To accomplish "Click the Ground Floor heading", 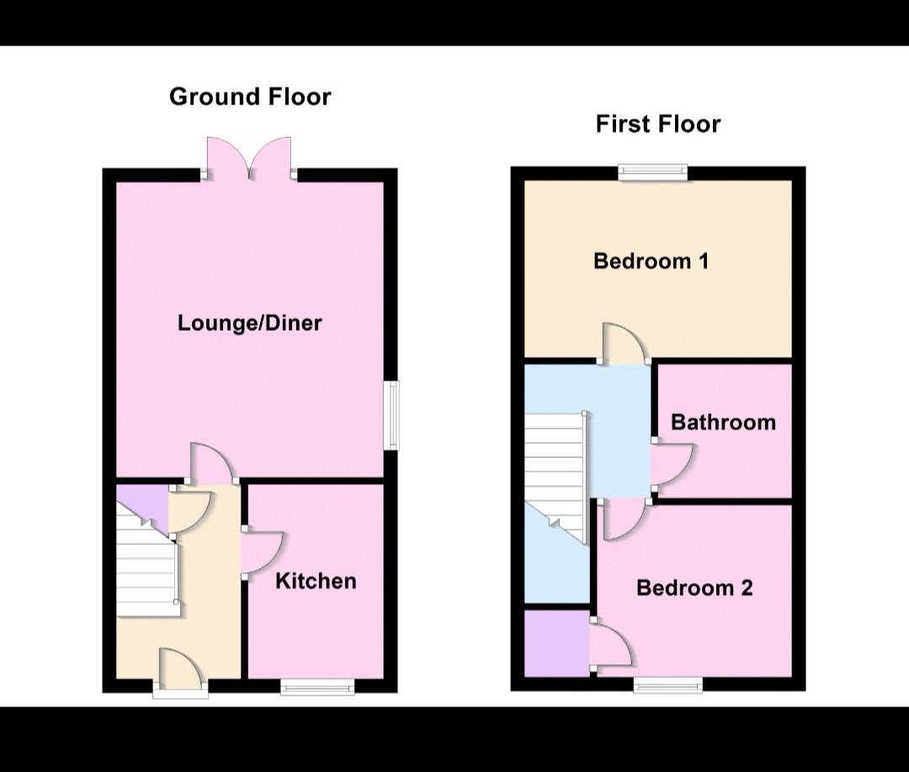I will click(x=250, y=97).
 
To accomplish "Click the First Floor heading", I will click(x=658, y=125).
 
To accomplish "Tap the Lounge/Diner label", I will click(x=250, y=323).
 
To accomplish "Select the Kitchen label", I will click(x=316, y=581).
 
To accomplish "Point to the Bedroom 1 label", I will click(x=651, y=261).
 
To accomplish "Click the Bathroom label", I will click(x=723, y=422).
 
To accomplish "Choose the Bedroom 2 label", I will click(x=694, y=588).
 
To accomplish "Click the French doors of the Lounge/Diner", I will click(x=250, y=159).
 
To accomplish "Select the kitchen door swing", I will click(x=263, y=552).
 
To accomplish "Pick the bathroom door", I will click(x=671, y=465).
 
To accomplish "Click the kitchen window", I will click(x=317, y=688).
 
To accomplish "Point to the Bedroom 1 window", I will click(x=653, y=173).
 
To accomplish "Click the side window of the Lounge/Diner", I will click(x=391, y=416).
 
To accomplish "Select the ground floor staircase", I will click(x=146, y=561).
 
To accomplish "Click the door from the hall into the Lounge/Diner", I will click(x=210, y=464).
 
